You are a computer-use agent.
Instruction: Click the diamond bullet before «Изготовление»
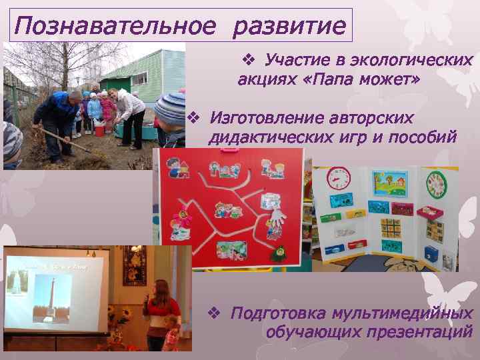point(194,118)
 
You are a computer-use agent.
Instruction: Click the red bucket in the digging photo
point(99,129)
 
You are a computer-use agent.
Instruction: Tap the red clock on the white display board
point(339,179)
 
